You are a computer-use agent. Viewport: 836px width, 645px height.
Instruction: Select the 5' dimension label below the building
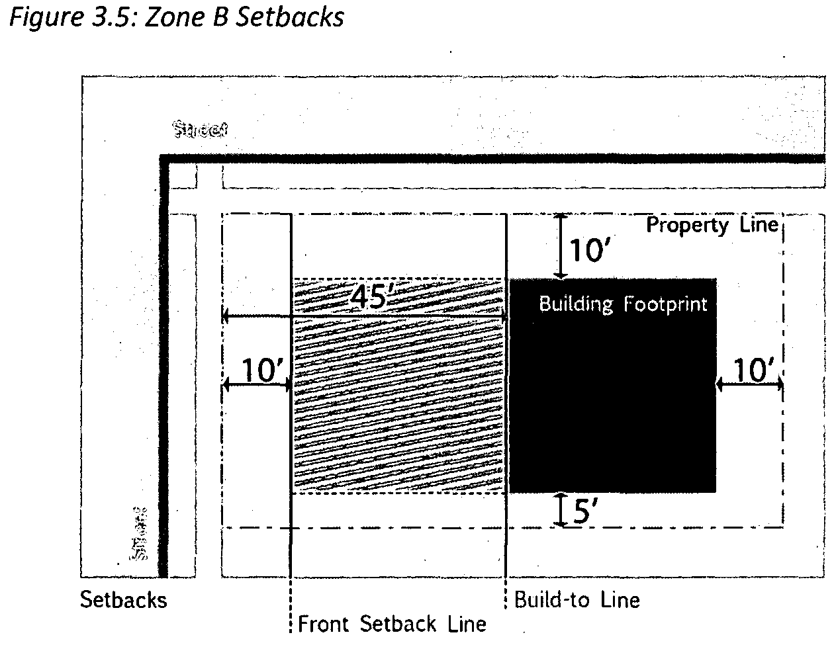[x=585, y=511]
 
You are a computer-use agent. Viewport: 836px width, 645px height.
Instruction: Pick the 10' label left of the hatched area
[x=262, y=370]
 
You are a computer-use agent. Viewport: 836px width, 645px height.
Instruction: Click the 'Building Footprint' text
[x=623, y=304]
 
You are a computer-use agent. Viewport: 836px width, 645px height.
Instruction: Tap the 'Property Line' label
[x=712, y=225]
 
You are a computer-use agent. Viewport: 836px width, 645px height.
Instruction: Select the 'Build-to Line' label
[x=577, y=600]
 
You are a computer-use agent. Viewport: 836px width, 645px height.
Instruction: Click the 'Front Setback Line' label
[x=392, y=624]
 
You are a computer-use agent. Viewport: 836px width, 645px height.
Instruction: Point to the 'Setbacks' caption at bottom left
[x=124, y=600]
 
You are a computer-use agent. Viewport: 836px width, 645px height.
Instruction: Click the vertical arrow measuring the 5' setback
[x=561, y=510]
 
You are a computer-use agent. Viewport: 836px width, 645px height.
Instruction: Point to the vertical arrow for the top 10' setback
[x=561, y=245]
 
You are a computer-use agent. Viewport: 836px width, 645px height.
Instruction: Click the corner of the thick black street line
[x=163, y=159]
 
